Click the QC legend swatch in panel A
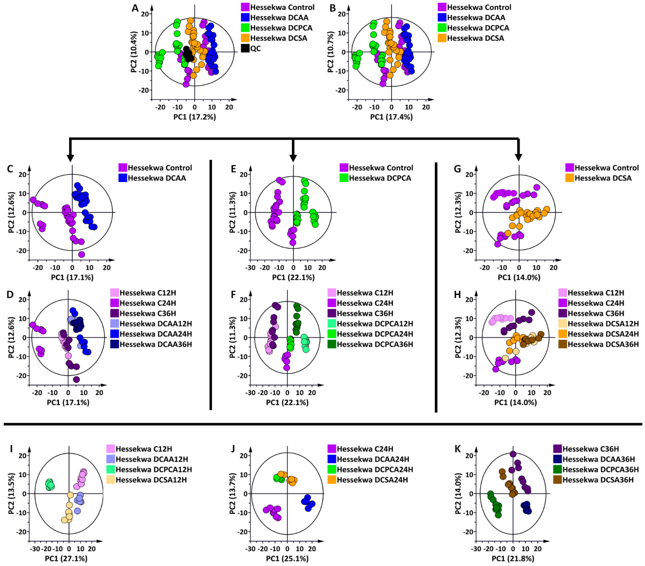tap(245, 48)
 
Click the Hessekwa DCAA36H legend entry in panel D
tap(156, 344)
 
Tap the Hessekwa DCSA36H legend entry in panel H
tap(603, 344)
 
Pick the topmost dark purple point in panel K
tap(513, 454)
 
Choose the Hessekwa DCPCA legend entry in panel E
tap(380, 178)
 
